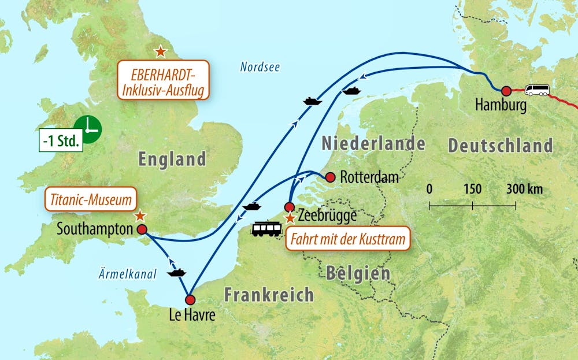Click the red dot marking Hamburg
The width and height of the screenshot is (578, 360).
click(x=506, y=91)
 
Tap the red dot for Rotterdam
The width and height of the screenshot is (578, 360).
click(x=330, y=177)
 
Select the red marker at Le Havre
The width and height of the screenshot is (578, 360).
click(x=190, y=300)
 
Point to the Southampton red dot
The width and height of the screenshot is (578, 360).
click(x=142, y=229)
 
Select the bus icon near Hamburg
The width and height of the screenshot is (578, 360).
click(x=537, y=90)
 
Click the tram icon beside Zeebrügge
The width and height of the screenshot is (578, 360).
click(x=266, y=229)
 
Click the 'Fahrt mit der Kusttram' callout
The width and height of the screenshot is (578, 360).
click(x=347, y=237)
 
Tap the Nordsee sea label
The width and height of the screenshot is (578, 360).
click(x=260, y=68)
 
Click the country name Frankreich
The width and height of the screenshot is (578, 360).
click(x=269, y=295)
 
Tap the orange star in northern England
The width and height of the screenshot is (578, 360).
click(x=160, y=52)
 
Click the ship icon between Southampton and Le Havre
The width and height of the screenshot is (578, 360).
click(x=177, y=270)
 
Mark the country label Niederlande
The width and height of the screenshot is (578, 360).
click(x=373, y=143)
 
